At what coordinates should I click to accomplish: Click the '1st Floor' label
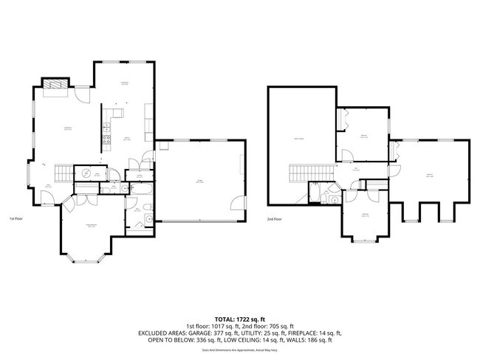17,219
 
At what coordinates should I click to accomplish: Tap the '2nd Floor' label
275,219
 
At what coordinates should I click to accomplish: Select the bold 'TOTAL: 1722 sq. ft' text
240,316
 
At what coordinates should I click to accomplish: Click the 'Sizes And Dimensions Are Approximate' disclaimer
240,350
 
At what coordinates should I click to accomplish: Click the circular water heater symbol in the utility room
86,173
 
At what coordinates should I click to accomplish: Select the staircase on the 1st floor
67,173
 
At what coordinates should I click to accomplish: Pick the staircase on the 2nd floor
302,174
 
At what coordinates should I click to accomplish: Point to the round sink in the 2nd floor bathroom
335,198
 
